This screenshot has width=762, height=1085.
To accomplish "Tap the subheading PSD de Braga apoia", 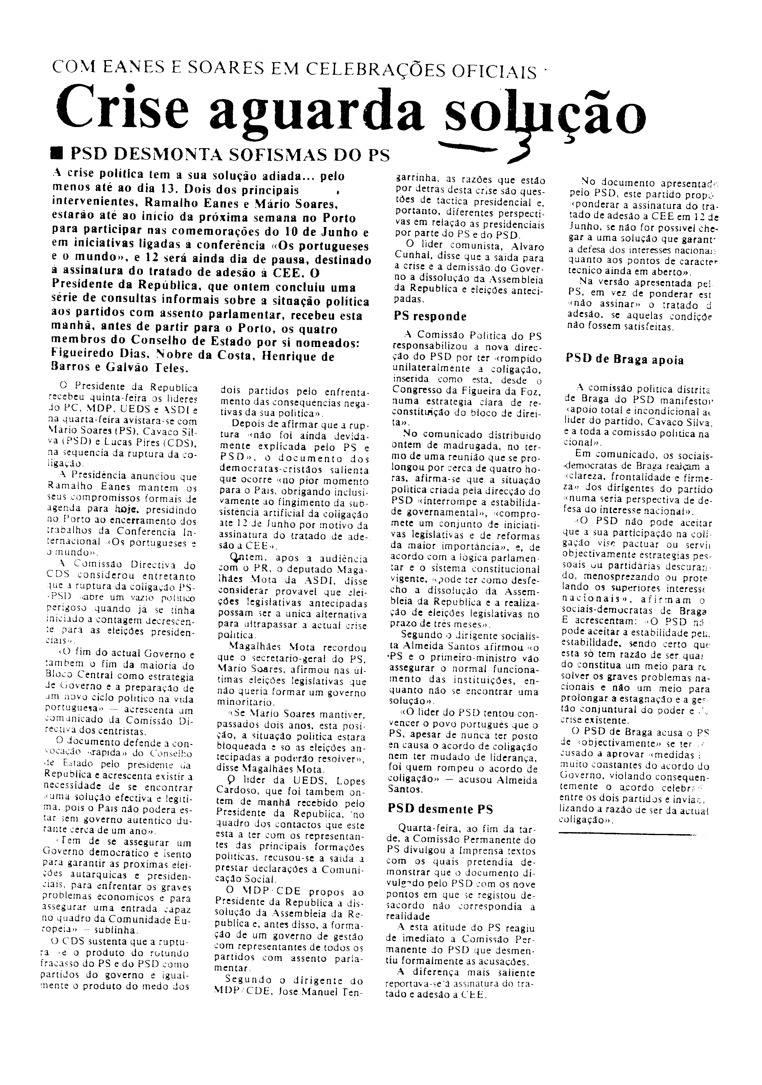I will pos(624,360).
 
